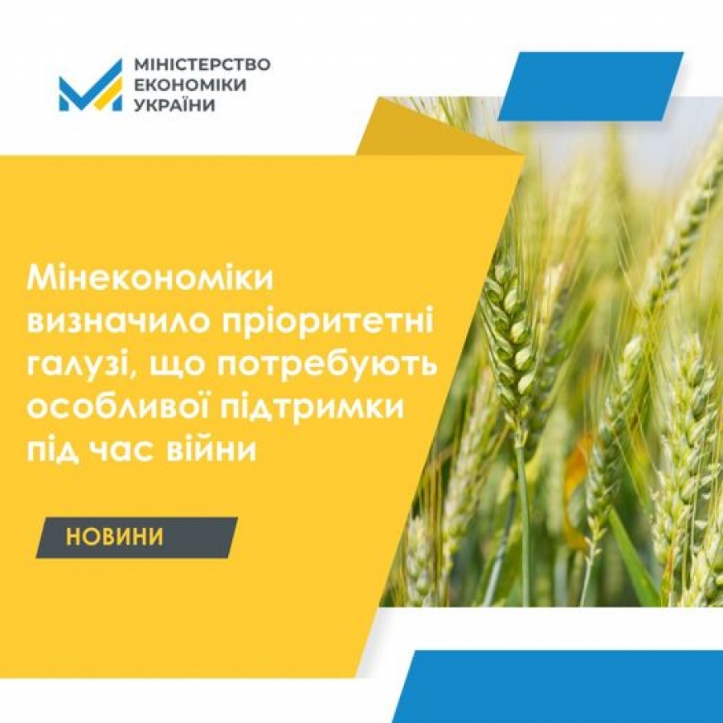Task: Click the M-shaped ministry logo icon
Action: click(90, 85)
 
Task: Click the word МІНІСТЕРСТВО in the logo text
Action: click(202, 64)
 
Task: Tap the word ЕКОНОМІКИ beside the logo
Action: click(190, 85)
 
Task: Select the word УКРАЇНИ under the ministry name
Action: click(174, 104)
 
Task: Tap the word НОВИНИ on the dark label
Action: click(114, 537)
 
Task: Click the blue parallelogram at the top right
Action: click(590, 86)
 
